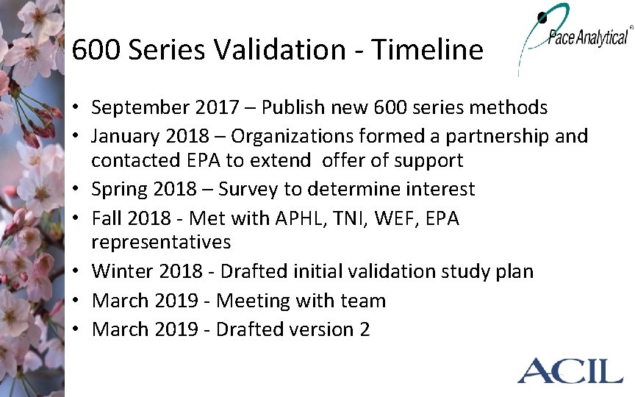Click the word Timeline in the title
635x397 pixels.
(x=427, y=50)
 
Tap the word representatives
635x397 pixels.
(x=161, y=242)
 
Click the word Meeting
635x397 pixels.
(x=254, y=301)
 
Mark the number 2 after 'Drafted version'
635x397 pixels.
(x=365, y=329)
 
